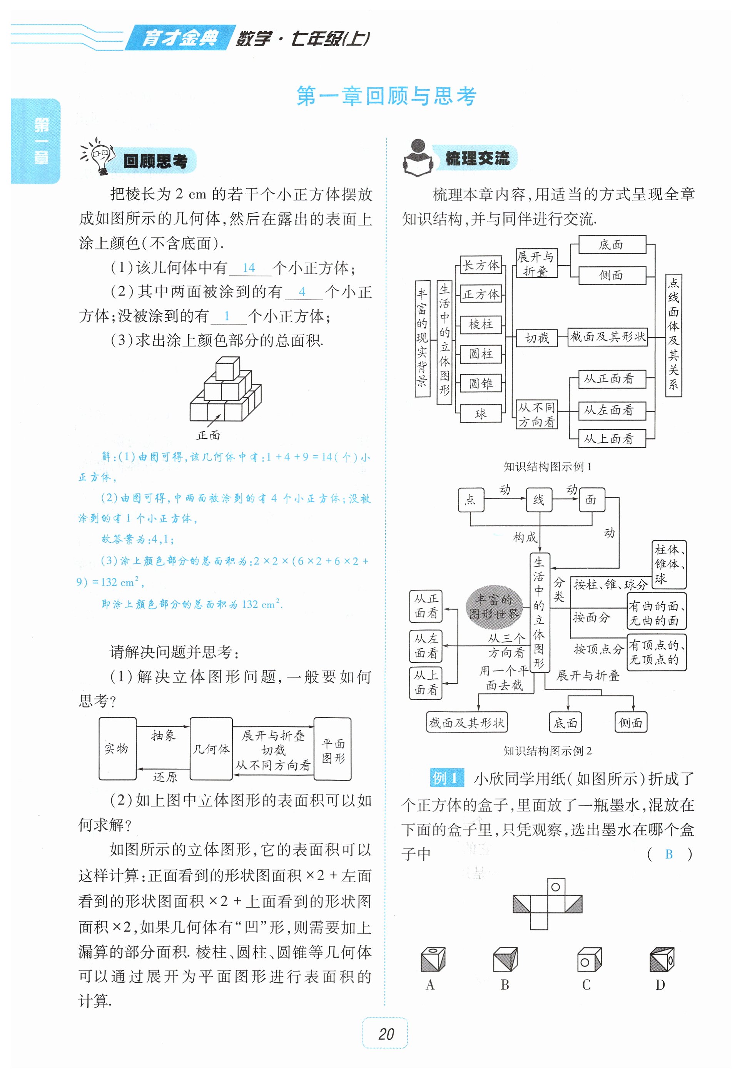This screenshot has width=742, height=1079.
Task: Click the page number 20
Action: pyautogui.click(x=385, y=1034)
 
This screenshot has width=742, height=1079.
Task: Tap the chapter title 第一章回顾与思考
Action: pyautogui.click(x=386, y=96)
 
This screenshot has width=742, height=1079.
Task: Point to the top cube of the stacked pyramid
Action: pyautogui.click(x=227, y=369)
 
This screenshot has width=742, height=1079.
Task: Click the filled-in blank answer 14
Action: pyautogui.click(x=249, y=268)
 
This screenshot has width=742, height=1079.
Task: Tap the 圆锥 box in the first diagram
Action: pyautogui.click(x=481, y=383)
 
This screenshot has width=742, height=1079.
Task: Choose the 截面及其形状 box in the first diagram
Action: pyautogui.click(x=608, y=336)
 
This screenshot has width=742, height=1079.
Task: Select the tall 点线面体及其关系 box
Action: pyautogui.click(x=673, y=335)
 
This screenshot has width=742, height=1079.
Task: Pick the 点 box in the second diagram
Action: pyautogui.click(x=471, y=500)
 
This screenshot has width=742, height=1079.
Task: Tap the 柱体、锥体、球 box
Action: pyautogui.click(x=668, y=564)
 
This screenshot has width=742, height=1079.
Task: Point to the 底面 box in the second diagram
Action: pyautogui.click(x=565, y=723)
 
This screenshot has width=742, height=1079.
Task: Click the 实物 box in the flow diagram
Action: pyautogui.click(x=117, y=748)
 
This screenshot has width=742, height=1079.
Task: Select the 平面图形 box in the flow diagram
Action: pyautogui.click(x=333, y=748)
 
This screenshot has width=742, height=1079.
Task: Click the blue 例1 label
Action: pyautogui.click(x=446, y=777)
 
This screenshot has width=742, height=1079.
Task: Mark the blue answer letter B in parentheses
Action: pyautogui.click(x=668, y=854)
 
